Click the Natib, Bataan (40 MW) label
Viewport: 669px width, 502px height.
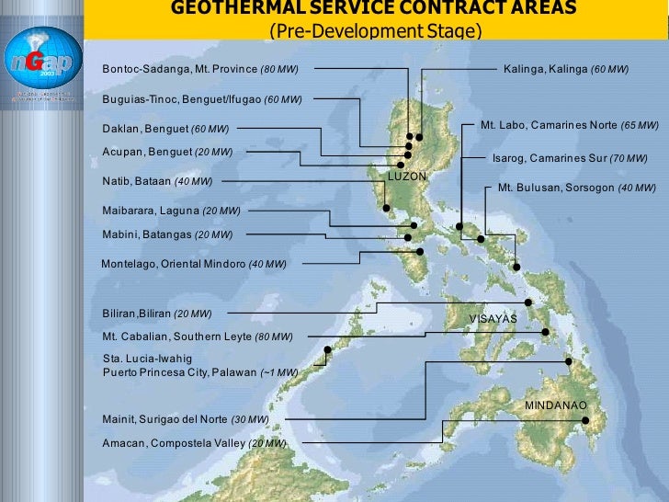(157, 181)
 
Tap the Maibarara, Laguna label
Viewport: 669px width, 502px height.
(171, 211)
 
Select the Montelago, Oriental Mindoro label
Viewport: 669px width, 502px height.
(193, 264)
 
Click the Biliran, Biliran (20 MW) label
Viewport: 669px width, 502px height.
(157, 314)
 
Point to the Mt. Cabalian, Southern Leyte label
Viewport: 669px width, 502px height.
(198, 337)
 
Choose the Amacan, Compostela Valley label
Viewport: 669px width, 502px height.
(194, 443)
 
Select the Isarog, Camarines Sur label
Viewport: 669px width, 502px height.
(570, 158)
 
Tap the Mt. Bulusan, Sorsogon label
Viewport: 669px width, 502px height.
(576, 188)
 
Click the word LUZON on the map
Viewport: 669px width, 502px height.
(405, 175)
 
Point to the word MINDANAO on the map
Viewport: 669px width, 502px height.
(555, 405)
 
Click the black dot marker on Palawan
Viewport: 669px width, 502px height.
(327, 349)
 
